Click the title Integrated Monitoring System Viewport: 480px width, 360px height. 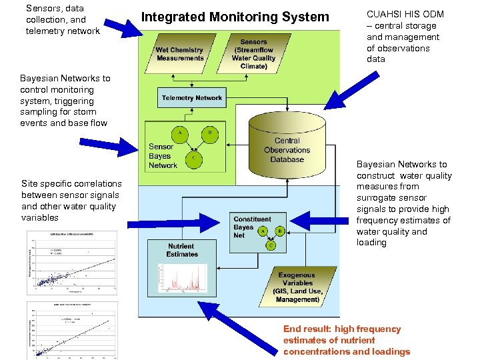point(235,17)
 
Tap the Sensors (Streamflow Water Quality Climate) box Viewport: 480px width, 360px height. point(253,54)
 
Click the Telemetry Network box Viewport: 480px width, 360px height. point(191,98)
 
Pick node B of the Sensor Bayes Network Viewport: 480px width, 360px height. point(210,133)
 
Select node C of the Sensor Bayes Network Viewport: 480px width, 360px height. point(193,158)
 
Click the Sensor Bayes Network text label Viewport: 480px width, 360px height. point(163,156)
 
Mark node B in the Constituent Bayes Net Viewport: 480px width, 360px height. point(280,231)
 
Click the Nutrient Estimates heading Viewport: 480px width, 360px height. point(181,250)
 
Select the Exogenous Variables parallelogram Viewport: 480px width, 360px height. point(297,287)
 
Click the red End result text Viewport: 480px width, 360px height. point(346,340)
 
